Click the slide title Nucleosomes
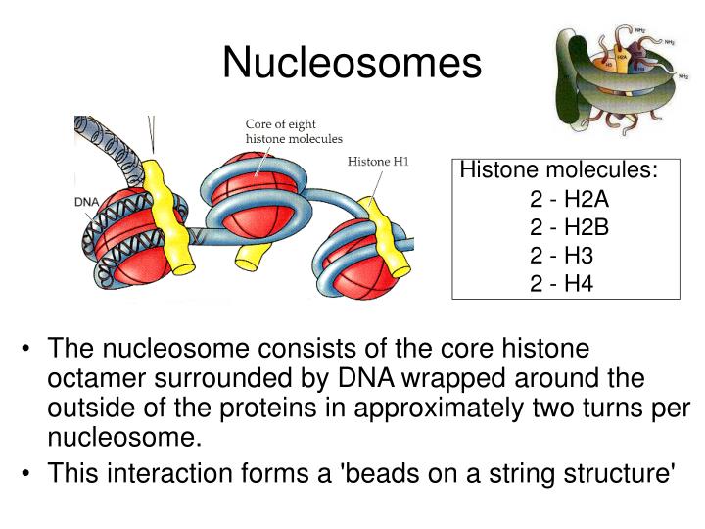click(x=352, y=63)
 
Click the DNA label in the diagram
click(x=88, y=202)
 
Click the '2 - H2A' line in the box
click(x=569, y=200)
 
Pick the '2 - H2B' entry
click(x=569, y=228)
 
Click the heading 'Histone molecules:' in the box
click(x=558, y=170)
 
